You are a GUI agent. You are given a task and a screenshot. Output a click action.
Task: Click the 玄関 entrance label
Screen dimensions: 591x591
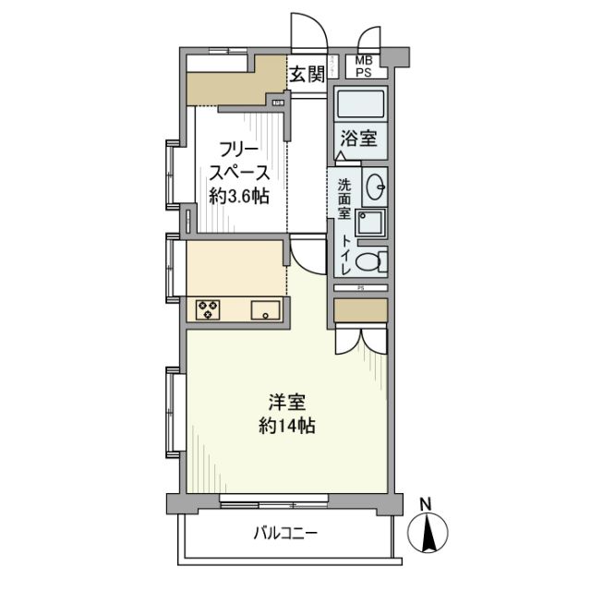click(x=307, y=75)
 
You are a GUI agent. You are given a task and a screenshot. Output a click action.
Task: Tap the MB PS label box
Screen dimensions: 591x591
click(x=365, y=66)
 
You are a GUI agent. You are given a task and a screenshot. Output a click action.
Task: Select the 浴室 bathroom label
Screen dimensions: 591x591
click(x=357, y=139)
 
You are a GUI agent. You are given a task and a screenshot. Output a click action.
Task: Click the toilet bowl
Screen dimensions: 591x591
click(x=368, y=261)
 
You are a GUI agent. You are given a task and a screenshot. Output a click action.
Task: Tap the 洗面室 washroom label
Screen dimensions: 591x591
click(x=343, y=198)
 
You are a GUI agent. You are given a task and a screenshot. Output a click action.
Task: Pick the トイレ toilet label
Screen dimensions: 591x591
click(x=345, y=253)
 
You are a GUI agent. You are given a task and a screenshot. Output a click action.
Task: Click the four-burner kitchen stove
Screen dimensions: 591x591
click(x=207, y=309)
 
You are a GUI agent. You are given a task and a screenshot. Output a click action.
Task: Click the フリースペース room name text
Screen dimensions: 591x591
click(x=237, y=161)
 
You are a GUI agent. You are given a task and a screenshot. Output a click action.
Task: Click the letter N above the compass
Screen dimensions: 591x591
click(x=426, y=504)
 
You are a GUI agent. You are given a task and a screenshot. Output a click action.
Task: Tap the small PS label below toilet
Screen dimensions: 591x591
click(x=360, y=288)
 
